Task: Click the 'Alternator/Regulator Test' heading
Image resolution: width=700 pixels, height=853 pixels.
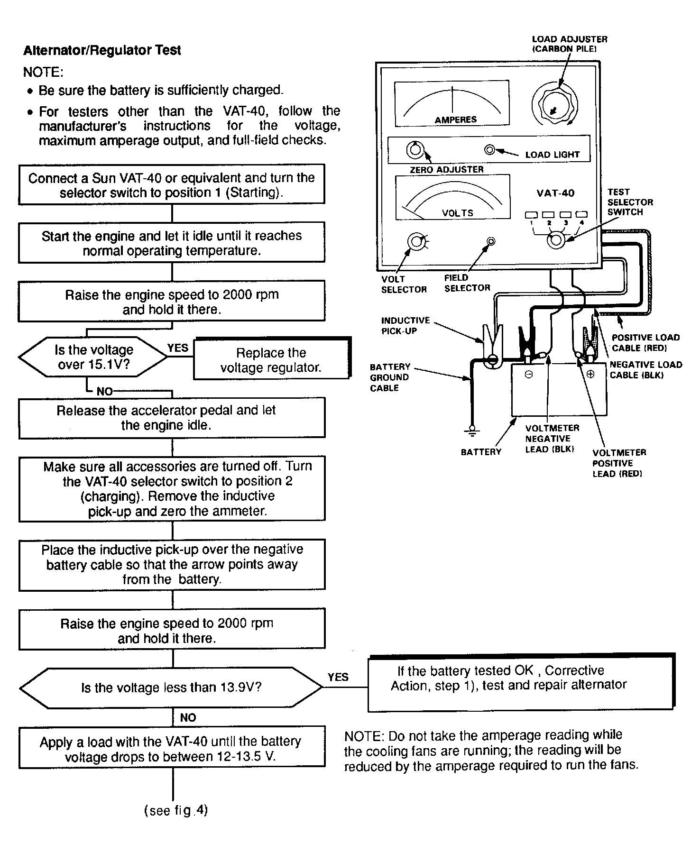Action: coord(102,50)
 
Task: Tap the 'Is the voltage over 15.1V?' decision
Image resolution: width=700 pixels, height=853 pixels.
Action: coord(93,357)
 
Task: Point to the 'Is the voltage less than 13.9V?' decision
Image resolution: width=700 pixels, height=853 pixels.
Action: coord(172,688)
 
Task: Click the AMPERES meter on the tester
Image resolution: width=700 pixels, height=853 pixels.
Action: coord(452,103)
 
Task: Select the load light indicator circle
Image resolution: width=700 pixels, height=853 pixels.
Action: coord(490,150)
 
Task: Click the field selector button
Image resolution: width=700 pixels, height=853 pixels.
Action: coord(491,242)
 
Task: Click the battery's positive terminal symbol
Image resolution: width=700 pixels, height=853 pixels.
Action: coord(590,374)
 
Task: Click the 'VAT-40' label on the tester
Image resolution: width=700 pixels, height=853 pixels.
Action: coord(555,193)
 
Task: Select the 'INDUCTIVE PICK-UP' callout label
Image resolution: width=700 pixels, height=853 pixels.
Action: coord(405,326)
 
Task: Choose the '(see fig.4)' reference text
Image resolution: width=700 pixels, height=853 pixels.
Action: coord(176,810)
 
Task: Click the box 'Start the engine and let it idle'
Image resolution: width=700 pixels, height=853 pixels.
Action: coord(172,242)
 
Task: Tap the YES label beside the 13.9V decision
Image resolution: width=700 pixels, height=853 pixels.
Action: coord(338,677)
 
